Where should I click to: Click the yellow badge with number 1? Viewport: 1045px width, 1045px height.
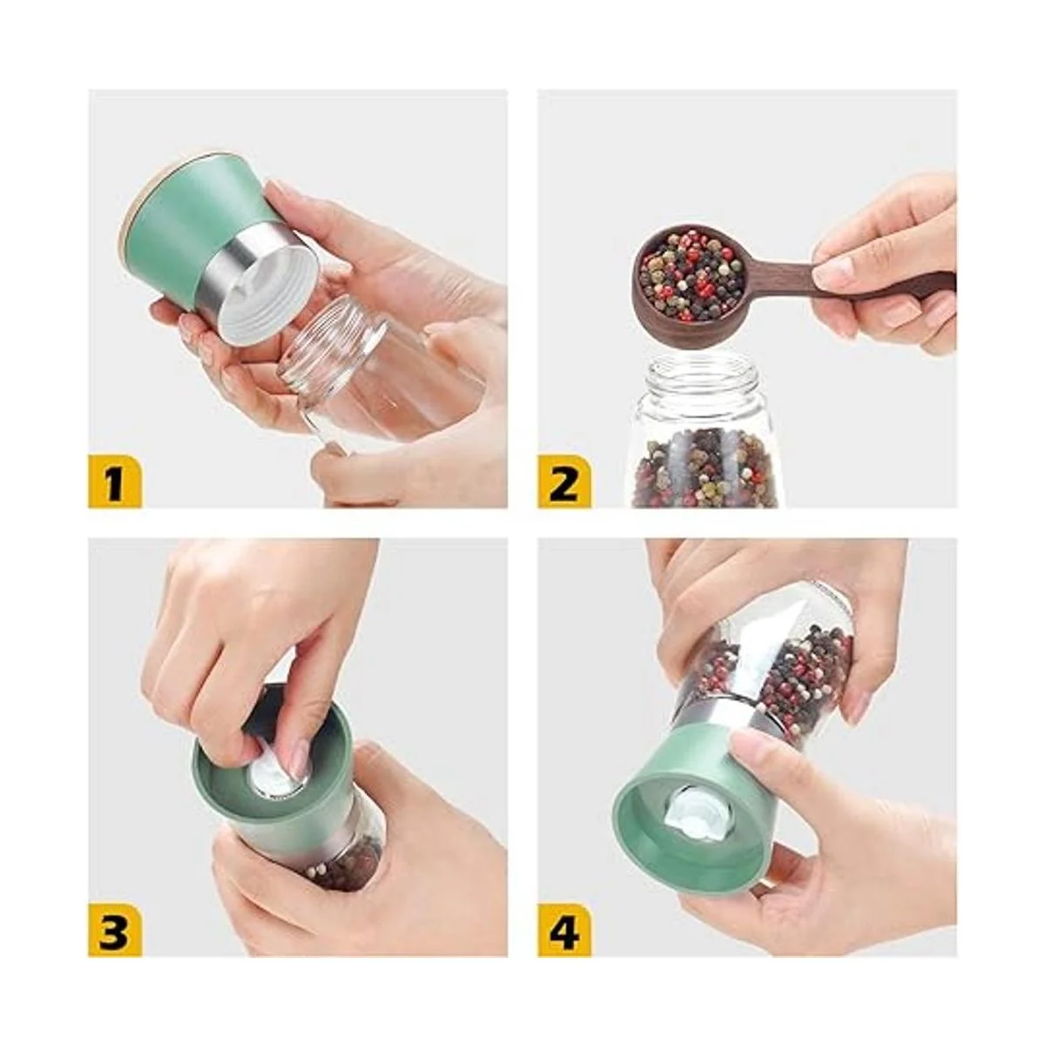pos(114,482)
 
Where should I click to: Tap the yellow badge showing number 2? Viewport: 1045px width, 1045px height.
pos(564,482)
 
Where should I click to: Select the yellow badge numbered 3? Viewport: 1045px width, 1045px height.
pos(114,931)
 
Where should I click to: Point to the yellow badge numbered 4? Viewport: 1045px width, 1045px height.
pos(564,931)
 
